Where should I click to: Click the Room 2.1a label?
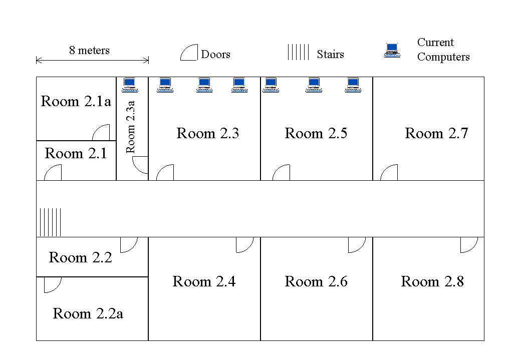coord(76,102)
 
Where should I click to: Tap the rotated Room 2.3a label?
coord(131,127)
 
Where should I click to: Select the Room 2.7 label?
coord(436,134)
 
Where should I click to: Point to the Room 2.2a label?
coord(88,314)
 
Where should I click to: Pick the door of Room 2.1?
coord(53,172)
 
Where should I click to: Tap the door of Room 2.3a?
coord(140,165)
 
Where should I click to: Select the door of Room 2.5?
coord(281,172)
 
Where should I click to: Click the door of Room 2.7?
coord(389,172)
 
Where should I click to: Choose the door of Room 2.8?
coord(469,245)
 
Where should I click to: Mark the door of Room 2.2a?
coord(52,284)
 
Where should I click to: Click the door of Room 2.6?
coord(357,245)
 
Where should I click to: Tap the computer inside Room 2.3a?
coord(130,85)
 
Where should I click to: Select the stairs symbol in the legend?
coord(298,53)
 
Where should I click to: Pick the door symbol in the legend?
coord(189,53)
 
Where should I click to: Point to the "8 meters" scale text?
coord(89,51)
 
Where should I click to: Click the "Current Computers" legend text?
coord(443,50)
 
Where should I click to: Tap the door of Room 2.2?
coord(129,245)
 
